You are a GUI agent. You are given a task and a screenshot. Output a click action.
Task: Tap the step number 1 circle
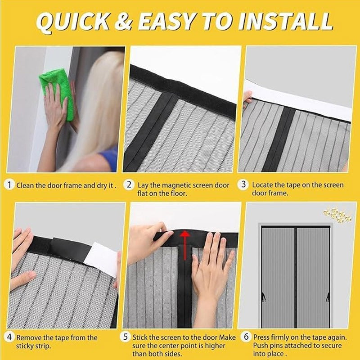pos(10,185)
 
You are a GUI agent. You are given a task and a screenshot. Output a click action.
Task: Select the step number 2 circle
pos(129,185)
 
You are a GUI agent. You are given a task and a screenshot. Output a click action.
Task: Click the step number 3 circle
pos(243,185)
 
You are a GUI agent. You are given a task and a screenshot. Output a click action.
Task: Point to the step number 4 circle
pos(10,337)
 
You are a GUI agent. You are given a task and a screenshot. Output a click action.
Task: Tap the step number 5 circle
pos(126,337)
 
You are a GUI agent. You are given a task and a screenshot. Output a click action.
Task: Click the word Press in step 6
pos(262,337)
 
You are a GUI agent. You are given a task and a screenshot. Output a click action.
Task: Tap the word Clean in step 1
pos(26,185)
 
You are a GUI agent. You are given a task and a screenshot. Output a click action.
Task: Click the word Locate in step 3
pos(264,185)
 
